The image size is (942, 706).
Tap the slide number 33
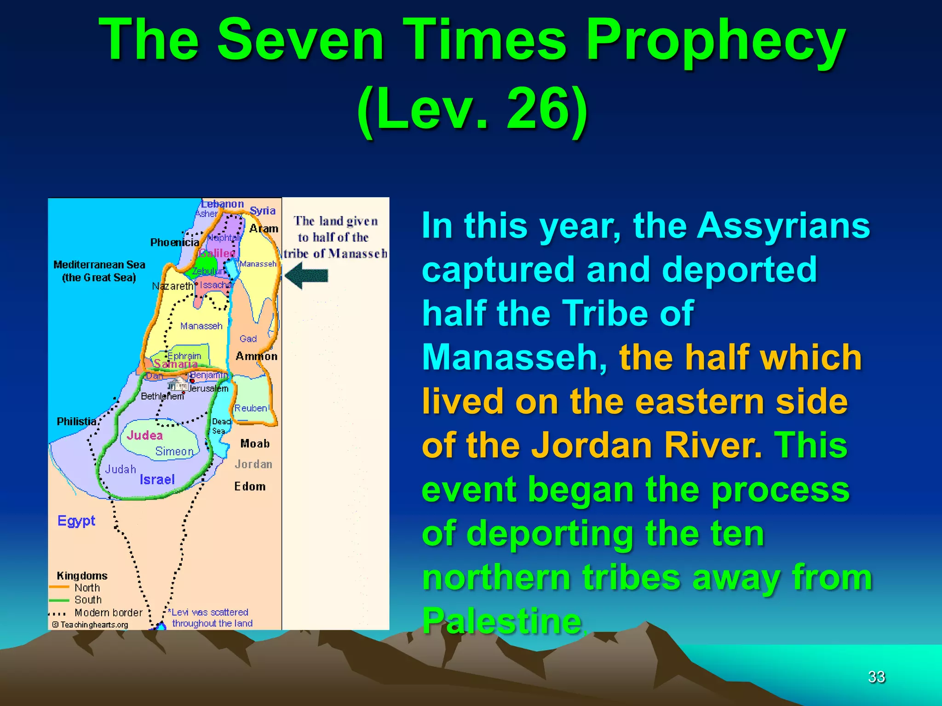point(876,677)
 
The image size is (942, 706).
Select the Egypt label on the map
point(76,521)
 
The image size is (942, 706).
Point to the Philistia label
point(76,421)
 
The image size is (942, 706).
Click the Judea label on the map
point(145,435)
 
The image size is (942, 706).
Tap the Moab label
point(255,444)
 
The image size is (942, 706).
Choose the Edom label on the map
point(250,486)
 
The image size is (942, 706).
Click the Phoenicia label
point(175,242)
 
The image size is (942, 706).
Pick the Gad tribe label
point(248,339)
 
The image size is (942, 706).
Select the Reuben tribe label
point(251,408)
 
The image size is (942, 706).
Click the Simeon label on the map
point(174,451)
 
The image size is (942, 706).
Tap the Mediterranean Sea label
point(99,265)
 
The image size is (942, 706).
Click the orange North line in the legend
point(59,587)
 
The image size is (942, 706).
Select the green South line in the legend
point(59,600)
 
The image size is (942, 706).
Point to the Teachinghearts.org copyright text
point(91,625)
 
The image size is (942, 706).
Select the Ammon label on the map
point(257,356)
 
